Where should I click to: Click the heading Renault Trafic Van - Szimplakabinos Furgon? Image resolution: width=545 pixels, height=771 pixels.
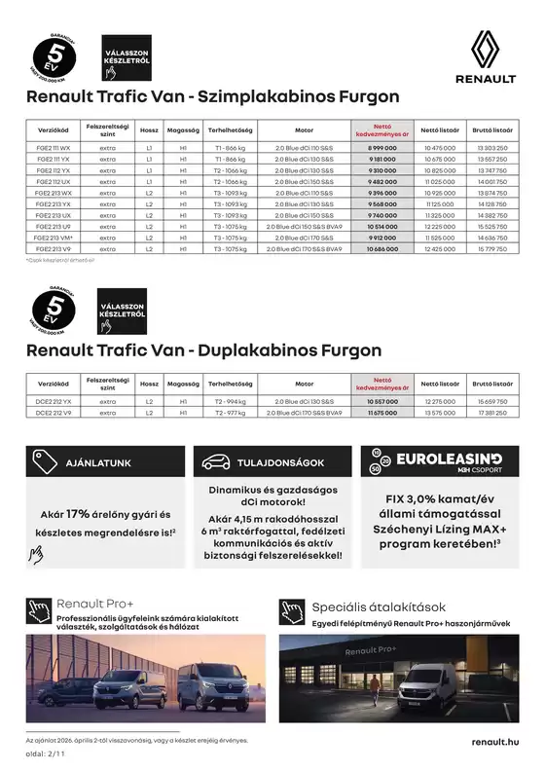tap(212, 96)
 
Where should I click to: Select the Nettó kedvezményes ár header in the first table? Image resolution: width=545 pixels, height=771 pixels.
tap(381, 128)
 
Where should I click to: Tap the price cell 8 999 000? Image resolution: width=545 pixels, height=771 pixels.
tap(381, 146)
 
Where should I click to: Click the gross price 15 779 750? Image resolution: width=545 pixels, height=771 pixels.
tap(492, 249)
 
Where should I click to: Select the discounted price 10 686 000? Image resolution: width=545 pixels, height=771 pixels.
tap(381, 249)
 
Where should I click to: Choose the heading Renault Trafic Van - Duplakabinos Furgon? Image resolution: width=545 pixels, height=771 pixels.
tap(203, 349)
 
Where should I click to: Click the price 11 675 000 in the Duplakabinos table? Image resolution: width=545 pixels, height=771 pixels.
tap(381, 413)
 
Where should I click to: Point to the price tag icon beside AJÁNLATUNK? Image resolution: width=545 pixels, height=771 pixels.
tap(41, 461)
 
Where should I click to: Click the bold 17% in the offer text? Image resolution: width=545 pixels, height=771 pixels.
tap(78, 513)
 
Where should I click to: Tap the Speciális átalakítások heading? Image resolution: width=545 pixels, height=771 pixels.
tap(379, 607)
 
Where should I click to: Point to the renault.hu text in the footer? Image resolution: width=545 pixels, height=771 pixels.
tap(492, 742)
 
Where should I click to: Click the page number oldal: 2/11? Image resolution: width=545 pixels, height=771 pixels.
tap(45, 753)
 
